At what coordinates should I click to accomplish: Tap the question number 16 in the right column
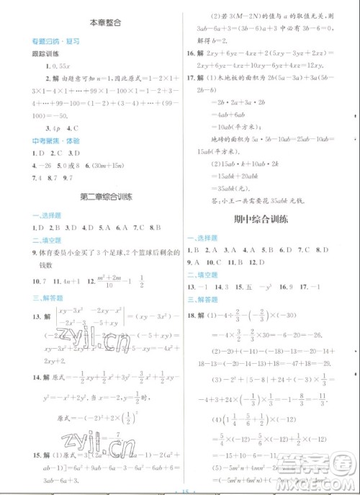pyautogui.click(x=191, y=54)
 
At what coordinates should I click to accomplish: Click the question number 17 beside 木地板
pyautogui.click(x=191, y=78)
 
